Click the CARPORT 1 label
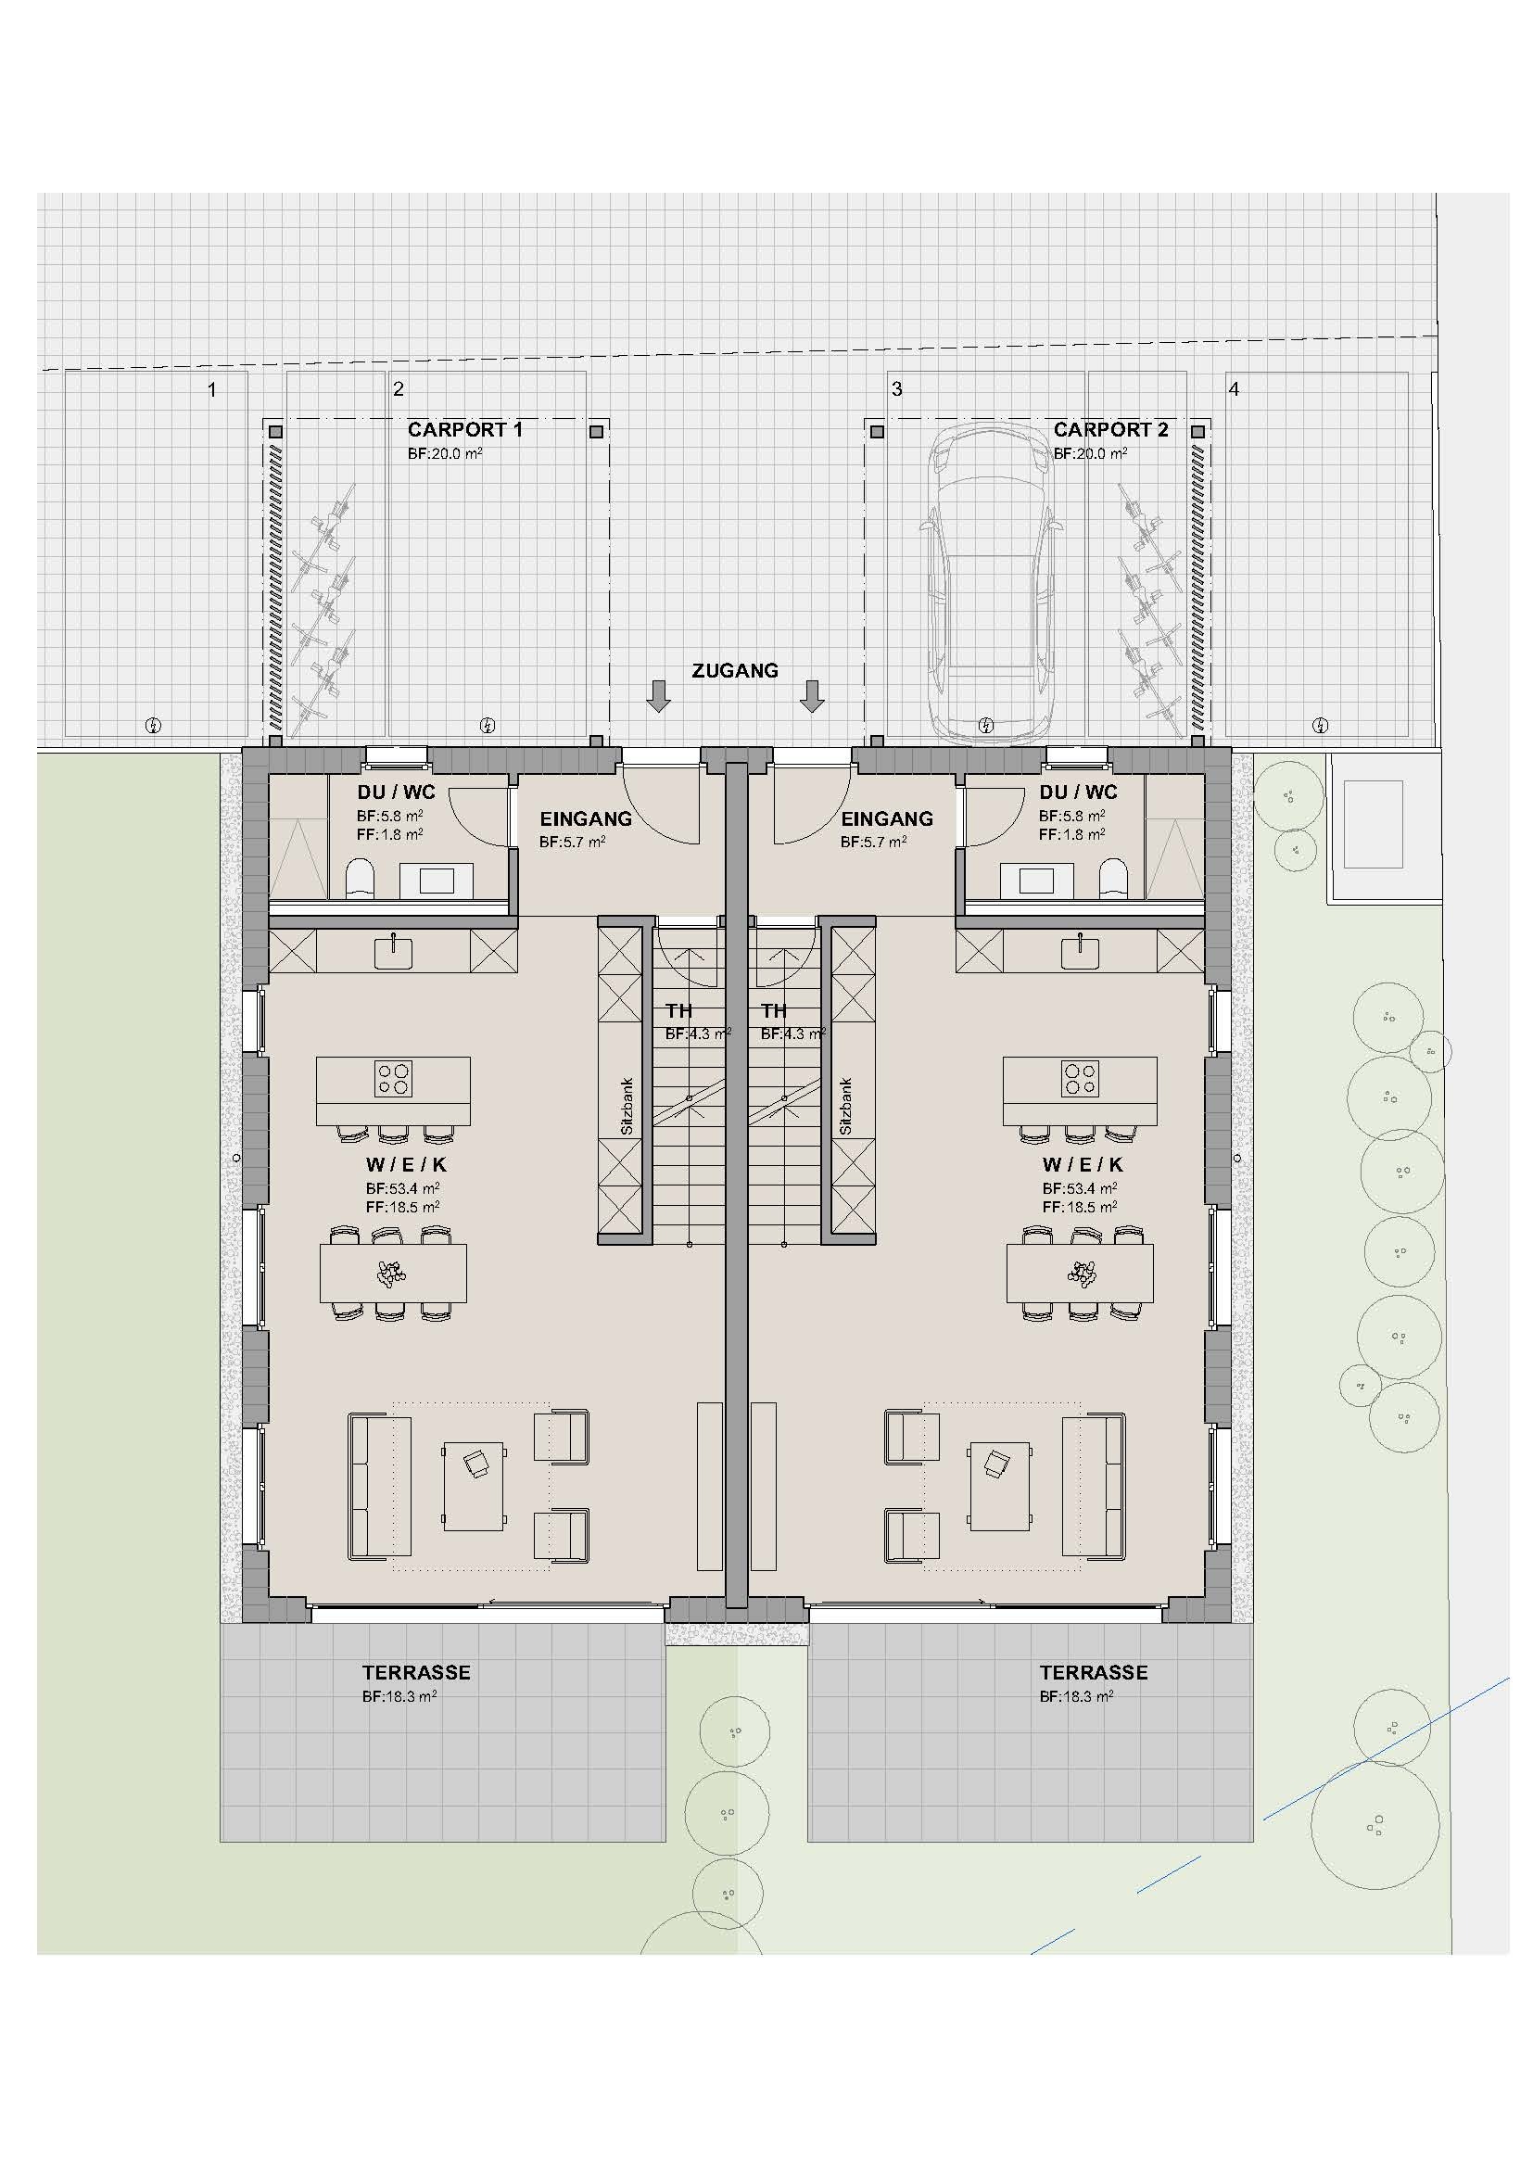tap(464, 430)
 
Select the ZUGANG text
tap(734, 671)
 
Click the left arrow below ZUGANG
tap(658, 696)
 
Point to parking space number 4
tap(1233, 389)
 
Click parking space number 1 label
tap(212, 389)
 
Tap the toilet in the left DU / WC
tap(360, 877)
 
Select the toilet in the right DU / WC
tap(1114, 877)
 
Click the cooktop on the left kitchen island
tap(394, 1078)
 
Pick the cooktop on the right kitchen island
tap(1080, 1078)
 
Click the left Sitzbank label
tap(627, 1107)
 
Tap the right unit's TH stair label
tap(774, 1011)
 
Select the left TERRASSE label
tap(416, 1673)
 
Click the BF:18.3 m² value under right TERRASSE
tap(1076, 1697)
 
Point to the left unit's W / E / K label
tap(407, 1165)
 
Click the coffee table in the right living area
tap(998, 1485)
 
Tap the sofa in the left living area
tap(379, 1486)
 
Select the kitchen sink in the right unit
tap(1080, 953)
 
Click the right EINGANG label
tap(886, 819)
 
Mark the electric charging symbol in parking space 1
tap(154, 725)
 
